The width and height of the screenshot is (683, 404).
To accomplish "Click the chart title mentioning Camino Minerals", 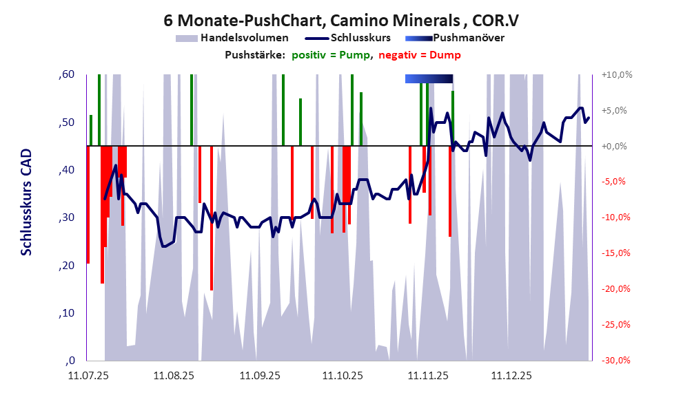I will click(x=341, y=19).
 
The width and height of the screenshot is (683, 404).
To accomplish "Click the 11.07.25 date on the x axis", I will click(x=88, y=376).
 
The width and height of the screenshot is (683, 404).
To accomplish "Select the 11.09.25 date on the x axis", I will click(x=259, y=376).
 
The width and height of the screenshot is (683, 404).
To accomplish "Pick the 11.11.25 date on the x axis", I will click(x=427, y=376).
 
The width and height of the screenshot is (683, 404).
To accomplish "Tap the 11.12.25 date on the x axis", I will click(x=511, y=376).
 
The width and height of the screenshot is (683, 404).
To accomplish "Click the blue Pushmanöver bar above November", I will click(x=429, y=79).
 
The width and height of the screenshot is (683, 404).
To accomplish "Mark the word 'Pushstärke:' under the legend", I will click(x=254, y=55).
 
